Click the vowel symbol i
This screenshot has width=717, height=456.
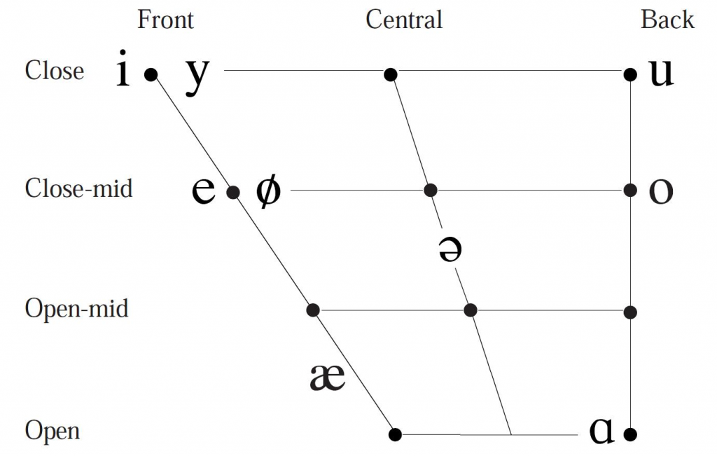coord(123,69)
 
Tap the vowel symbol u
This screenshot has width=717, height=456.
coord(661,73)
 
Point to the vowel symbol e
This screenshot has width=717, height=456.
coord(204,191)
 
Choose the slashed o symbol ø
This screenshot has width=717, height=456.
coord(267,191)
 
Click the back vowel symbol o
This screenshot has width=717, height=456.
coord(661,191)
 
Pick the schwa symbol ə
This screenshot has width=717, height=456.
coord(450,250)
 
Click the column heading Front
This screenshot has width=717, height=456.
coord(165,20)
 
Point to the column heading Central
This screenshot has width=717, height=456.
coord(404,20)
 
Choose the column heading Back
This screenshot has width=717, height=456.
coord(667,20)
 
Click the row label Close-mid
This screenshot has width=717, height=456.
coord(78,188)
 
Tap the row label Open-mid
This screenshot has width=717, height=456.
coord(77,308)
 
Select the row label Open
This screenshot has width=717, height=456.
coord(53,431)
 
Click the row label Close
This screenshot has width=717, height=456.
coord(55,71)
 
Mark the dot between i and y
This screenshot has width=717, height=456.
coord(151,73)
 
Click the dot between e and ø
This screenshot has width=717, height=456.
coord(234,191)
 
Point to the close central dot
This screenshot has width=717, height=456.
coord(391,73)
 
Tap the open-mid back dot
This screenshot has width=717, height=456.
coord(630,311)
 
